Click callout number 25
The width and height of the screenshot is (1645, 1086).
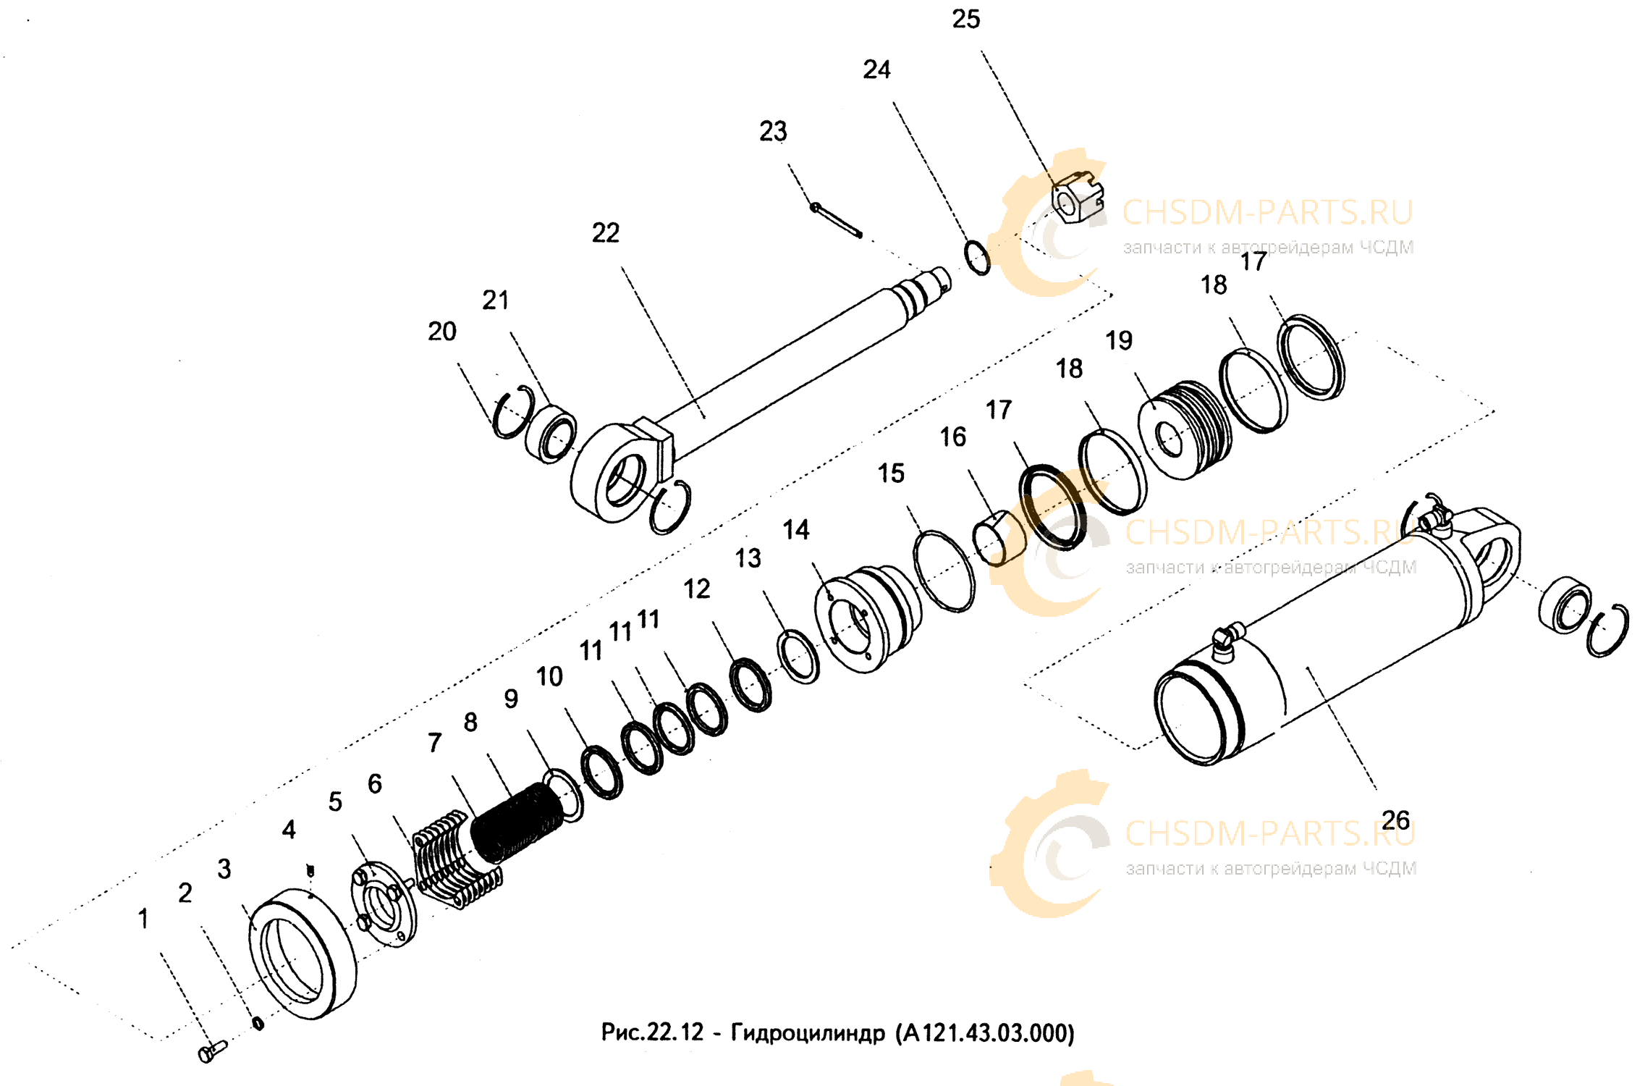[x=965, y=20]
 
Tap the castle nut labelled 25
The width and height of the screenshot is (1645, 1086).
[x=1078, y=197]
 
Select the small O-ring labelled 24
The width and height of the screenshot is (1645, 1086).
[x=977, y=258]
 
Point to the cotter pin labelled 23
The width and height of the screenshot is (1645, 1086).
[x=836, y=219]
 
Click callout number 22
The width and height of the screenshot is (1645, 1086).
[x=606, y=233]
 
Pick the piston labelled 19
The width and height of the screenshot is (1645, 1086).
[x=1185, y=430]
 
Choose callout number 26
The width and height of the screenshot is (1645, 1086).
[x=1395, y=820]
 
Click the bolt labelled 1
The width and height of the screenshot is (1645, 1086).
[x=212, y=1051]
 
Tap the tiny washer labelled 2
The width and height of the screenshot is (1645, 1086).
[x=258, y=1023]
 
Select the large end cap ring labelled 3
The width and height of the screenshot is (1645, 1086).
[x=303, y=953]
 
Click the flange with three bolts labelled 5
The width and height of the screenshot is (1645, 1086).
[x=384, y=904]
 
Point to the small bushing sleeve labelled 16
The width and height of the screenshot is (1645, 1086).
[x=999, y=538]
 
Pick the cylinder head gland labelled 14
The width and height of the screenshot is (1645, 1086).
[x=867, y=618]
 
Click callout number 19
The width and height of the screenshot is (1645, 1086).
[x=1118, y=340]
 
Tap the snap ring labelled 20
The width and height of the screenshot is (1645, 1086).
[x=514, y=412]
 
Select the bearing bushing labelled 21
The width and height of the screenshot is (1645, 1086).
[x=551, y=434]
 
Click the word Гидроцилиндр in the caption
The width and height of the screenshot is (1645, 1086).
[x=808, y=1032]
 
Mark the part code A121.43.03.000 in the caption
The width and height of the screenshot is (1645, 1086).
[x=986, y=1032]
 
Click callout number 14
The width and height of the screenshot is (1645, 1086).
[x=796, y=530]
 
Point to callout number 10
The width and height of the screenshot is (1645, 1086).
[x=549, y=676]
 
